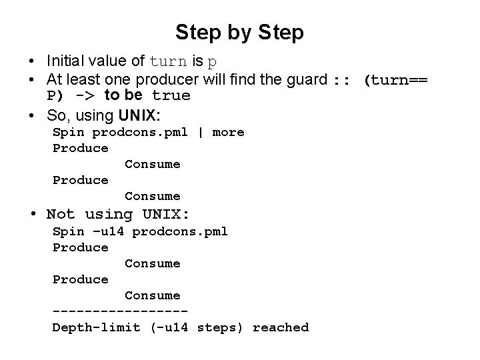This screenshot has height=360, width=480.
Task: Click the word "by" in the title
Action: click(x=239, y=32)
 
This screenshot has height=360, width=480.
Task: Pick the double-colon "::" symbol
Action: click(x=341, y=81)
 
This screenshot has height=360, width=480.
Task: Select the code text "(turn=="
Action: click(x=395, y=81)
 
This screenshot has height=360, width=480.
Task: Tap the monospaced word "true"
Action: click(x=171, y=96)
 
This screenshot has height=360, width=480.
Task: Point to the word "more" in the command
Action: click(x=228, y=132)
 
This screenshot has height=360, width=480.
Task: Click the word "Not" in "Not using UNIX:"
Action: click(x=61, y=215)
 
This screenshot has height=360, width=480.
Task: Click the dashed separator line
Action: click(x=120, y=311)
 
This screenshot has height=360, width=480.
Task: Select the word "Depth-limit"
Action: click(x=97, y=327)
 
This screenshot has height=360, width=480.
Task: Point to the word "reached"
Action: click(x=281, y=327)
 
